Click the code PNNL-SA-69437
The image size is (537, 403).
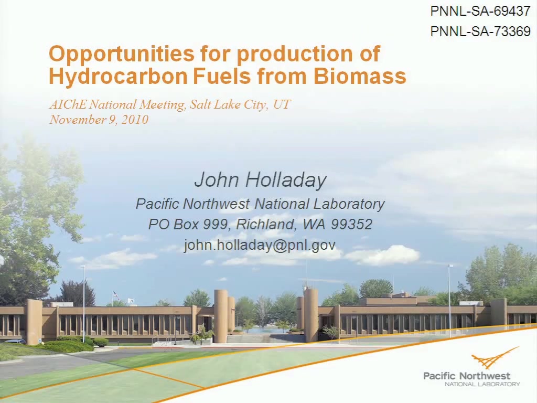click(x=480, y=12)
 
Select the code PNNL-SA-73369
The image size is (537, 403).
click(x=480, y=31)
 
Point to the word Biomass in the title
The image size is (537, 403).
click(x=360, y=76)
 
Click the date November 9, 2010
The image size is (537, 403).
click(x=99, y=120)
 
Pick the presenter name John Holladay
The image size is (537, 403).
click(x=260, y=180)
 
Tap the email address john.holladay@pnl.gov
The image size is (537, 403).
click(x=260, y=245)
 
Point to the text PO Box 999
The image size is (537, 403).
click(x=187, y=225)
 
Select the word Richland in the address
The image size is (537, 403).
click(x=265, y=225)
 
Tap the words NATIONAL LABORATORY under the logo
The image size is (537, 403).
click(x=482, y=384)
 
